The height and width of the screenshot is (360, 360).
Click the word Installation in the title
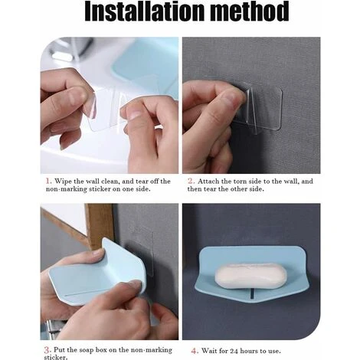[144, 11]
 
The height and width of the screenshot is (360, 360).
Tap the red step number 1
[48, 181]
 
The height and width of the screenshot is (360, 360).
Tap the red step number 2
[191, 181]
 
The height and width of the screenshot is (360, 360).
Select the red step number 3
[47, 350]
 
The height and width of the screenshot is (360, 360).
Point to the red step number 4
[195, 351]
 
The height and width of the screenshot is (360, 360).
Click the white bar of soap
[250, 277]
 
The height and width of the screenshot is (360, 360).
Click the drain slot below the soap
[252, 293]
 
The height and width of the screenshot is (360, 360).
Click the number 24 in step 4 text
[234, 351]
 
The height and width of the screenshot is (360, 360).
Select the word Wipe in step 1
[63, 182]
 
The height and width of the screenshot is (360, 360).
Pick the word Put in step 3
[59, 350]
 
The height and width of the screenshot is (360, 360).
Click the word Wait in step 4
[209, 351]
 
